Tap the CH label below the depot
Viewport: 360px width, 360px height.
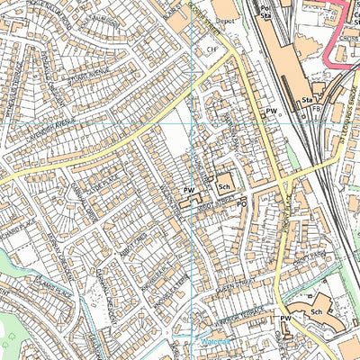pyautogui.click(x=212, y=49)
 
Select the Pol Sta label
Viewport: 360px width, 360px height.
pyautogui.click(x=265, y=11)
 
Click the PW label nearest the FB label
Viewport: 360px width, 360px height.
pyautogui.click(x=271, y=110)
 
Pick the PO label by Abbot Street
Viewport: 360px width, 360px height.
pyautogui.click(x=241, y=204)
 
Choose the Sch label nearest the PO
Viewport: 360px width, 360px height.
pyautogui.click(x=223, y=186)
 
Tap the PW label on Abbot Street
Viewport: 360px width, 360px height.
pyautogui.click(x=189, y=191)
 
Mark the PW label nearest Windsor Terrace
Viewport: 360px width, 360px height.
pyautogui.click(x=284, y=319)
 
